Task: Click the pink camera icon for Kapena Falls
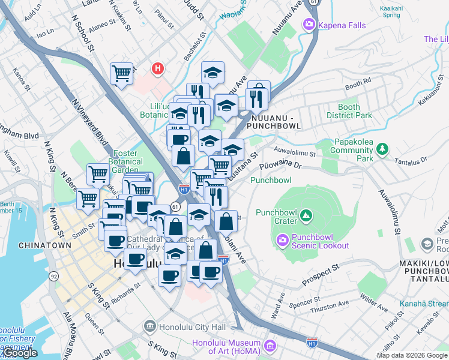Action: (x=309, y=25)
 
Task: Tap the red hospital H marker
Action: (x=158, y=69)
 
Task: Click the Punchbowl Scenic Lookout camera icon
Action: (x=282, y=240)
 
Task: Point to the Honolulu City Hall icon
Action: (x=150, y=328)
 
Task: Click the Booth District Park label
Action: (x=349, y=112)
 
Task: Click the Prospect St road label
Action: (x=321, y=265)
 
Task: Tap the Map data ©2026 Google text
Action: (x=411, y=355)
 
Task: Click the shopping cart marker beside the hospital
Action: (x=121, y=74)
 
